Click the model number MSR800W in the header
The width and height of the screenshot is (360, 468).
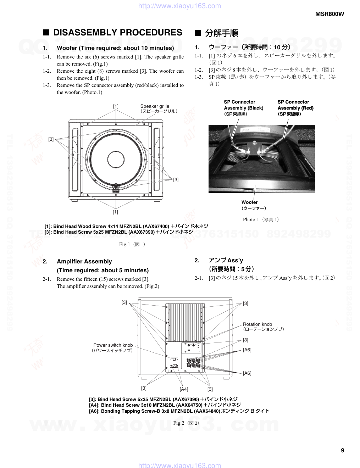tap(329, 14)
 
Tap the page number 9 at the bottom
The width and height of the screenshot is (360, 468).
tap(342, 451)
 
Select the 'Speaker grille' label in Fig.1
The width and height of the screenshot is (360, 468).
tap(155, 106)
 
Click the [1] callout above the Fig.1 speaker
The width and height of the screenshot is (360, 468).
tap(116, 106)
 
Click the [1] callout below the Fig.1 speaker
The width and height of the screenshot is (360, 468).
tap(115, 212)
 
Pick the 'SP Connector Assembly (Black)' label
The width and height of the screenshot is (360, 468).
tap(243, 105)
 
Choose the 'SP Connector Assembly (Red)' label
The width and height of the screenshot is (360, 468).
tap(295, 105)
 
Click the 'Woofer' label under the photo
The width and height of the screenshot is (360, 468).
tap(250, 202)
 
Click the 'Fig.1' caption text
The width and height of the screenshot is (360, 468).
tap(125, 244)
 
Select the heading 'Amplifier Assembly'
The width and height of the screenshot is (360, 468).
tap(84, 261)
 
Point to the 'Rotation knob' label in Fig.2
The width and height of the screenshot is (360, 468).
tap(257, 324)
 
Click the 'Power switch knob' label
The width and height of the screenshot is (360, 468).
tap(113, 345)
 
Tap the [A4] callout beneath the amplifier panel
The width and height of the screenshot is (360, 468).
tap(184, 389)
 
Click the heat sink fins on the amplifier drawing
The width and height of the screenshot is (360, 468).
tap(185, 321)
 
